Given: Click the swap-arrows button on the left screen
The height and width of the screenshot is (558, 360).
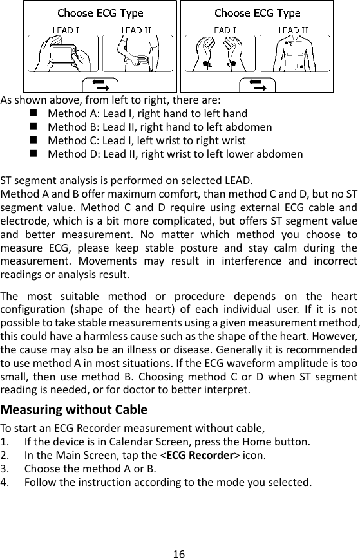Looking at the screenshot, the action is (x=100, y=84).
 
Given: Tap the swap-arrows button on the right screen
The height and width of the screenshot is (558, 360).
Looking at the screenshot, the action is (x=257, y=84).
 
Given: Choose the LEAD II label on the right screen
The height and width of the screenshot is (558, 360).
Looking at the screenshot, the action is (x=293, y=30).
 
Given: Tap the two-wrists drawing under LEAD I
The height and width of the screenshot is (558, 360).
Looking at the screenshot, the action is (x=216, y=54).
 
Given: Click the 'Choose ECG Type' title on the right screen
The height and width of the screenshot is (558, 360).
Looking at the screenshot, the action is (x=257, y=13).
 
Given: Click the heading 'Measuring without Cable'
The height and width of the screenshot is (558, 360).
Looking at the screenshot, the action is (x=73, y=410).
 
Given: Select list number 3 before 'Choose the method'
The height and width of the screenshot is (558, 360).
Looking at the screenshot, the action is (x=5, y=469).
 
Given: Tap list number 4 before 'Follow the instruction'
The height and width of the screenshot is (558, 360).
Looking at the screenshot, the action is (x=5, y=481).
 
